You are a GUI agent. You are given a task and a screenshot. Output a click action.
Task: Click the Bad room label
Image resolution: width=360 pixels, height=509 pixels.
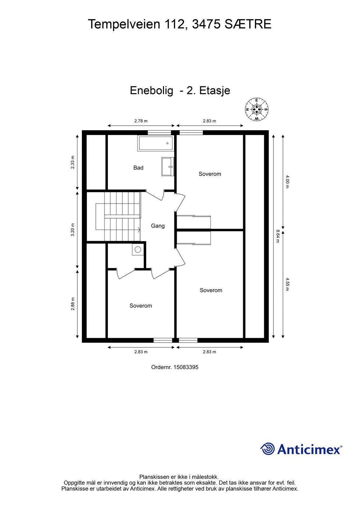(138, 168)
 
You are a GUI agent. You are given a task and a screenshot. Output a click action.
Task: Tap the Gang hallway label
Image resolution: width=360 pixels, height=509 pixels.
(158, 226)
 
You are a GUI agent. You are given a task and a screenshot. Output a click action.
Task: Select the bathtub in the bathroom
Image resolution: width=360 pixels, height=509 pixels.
(156, 143)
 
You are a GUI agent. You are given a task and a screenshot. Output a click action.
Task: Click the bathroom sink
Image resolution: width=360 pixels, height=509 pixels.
(168, 167)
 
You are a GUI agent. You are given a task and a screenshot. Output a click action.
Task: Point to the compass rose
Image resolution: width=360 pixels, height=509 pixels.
(257, 109)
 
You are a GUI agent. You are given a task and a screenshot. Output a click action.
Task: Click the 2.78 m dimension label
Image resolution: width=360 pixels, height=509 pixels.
(141, 121)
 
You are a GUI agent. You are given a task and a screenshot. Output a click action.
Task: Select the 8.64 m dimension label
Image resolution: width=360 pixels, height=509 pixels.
(278, 236)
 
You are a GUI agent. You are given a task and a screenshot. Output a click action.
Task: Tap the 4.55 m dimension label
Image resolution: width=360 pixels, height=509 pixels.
(287, 284)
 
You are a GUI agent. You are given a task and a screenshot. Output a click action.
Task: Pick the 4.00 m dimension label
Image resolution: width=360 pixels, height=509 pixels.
(287, 182)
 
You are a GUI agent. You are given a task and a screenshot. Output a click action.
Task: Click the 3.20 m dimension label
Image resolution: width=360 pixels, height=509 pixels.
(73, 230)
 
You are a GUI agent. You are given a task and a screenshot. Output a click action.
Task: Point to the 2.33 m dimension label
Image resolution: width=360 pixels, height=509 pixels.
(73, 162)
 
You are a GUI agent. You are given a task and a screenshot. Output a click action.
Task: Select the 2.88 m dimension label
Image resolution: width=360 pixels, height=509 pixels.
(73, 304)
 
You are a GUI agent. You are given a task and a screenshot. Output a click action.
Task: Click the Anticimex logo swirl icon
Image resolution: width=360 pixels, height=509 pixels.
(267, 449)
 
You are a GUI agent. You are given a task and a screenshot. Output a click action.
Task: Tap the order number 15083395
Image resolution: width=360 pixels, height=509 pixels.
(186, 367)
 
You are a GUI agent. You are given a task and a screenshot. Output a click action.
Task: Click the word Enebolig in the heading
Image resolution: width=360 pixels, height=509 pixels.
(152, 91)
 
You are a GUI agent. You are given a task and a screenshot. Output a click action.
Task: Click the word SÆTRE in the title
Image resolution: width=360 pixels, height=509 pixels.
(248, 24)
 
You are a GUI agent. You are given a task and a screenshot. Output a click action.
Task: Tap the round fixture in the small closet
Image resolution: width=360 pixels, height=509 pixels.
(138, 249)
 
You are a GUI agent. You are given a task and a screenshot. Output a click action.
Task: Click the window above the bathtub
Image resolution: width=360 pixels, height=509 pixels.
(159, 133)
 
